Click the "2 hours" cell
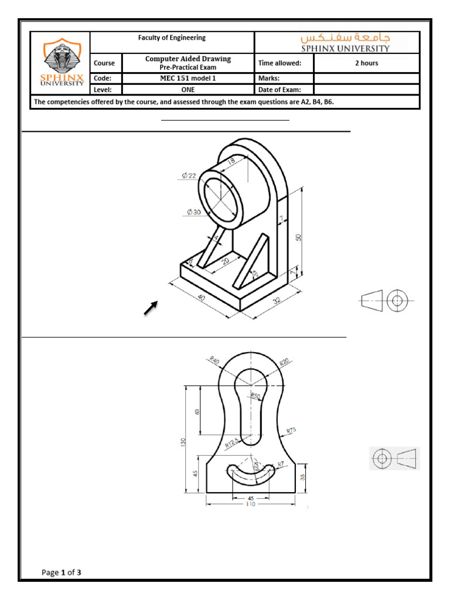(x=367, y=63)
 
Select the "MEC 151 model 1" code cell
(x=188, y=78)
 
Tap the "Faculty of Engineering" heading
(x=172, y=38)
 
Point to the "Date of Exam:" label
(x=279, y=90)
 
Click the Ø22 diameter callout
(x=189, y=175)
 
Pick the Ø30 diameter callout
(x=193, y=213)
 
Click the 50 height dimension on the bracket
(x=298, y=237)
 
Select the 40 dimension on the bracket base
(x=201, y=298)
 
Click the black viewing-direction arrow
(x=151, y=308)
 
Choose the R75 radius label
(x=291, y=431)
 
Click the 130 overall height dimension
(x=183, y=441)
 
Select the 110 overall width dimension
(x=251, y=504)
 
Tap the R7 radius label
(x=281, y=464)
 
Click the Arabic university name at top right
(x=352, y=37)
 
